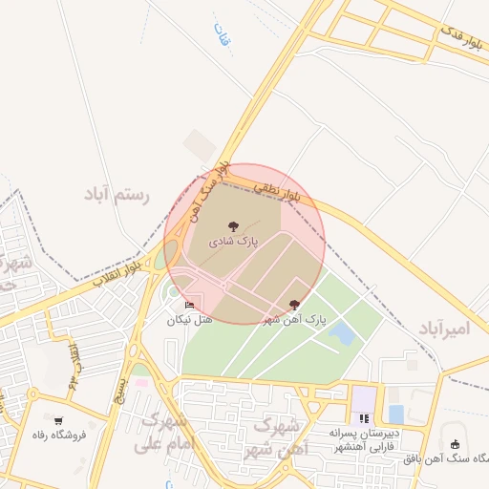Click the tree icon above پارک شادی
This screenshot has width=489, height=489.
[233, 225]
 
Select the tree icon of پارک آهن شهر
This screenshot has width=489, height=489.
[293, 304]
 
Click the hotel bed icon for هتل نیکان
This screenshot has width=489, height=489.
[189, 305]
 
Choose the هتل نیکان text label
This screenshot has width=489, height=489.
[189, 320]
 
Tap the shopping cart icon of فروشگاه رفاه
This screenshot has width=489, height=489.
[59, 420]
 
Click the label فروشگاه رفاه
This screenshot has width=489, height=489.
[59, 436]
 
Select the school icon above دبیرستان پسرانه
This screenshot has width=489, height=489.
[363, 417]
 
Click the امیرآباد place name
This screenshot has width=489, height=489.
[444, 328]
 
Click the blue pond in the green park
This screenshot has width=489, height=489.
[341, 333]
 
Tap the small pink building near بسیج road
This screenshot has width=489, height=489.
[141, 383]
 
